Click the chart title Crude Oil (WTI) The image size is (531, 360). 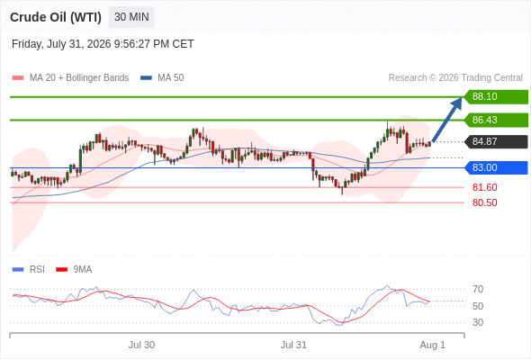[56, 17]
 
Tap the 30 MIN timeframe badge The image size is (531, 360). [131, 17]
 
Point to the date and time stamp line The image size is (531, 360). [103, 44]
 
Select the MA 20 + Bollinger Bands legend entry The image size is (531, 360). [70, 78]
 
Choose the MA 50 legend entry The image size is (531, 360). [162, 78]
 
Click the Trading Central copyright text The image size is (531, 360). [455, 78]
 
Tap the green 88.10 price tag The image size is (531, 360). [496, 97]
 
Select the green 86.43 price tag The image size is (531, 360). [496, 120]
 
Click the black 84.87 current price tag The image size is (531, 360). [496, 141]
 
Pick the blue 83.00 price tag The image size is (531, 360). [496, 167]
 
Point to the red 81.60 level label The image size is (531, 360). [484, 187]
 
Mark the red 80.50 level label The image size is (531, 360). [484, 202]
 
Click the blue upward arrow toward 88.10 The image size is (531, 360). [446, 120]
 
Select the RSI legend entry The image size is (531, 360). [29, 270]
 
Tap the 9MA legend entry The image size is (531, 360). [74, 270]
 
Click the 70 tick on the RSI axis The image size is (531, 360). [478, 289]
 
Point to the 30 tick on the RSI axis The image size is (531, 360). [478, 322]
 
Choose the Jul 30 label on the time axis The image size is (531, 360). [141, 345]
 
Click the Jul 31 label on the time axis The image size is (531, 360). [293, 345]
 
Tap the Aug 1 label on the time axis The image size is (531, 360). [433, 345]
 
